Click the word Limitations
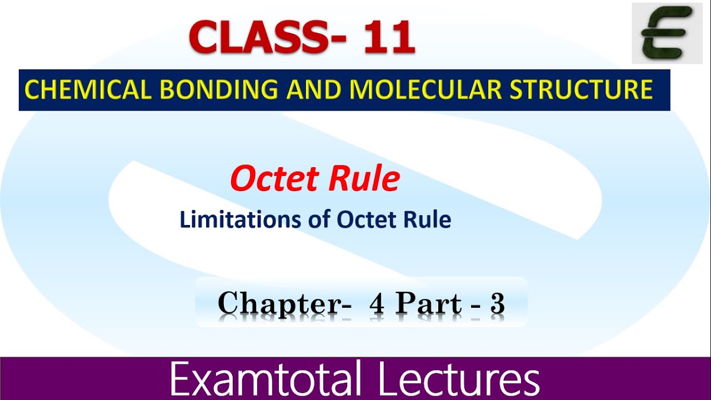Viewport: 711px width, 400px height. click(240, 220)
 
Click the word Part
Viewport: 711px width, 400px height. click(428, 304)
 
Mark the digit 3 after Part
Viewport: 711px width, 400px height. click(497, 304)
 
